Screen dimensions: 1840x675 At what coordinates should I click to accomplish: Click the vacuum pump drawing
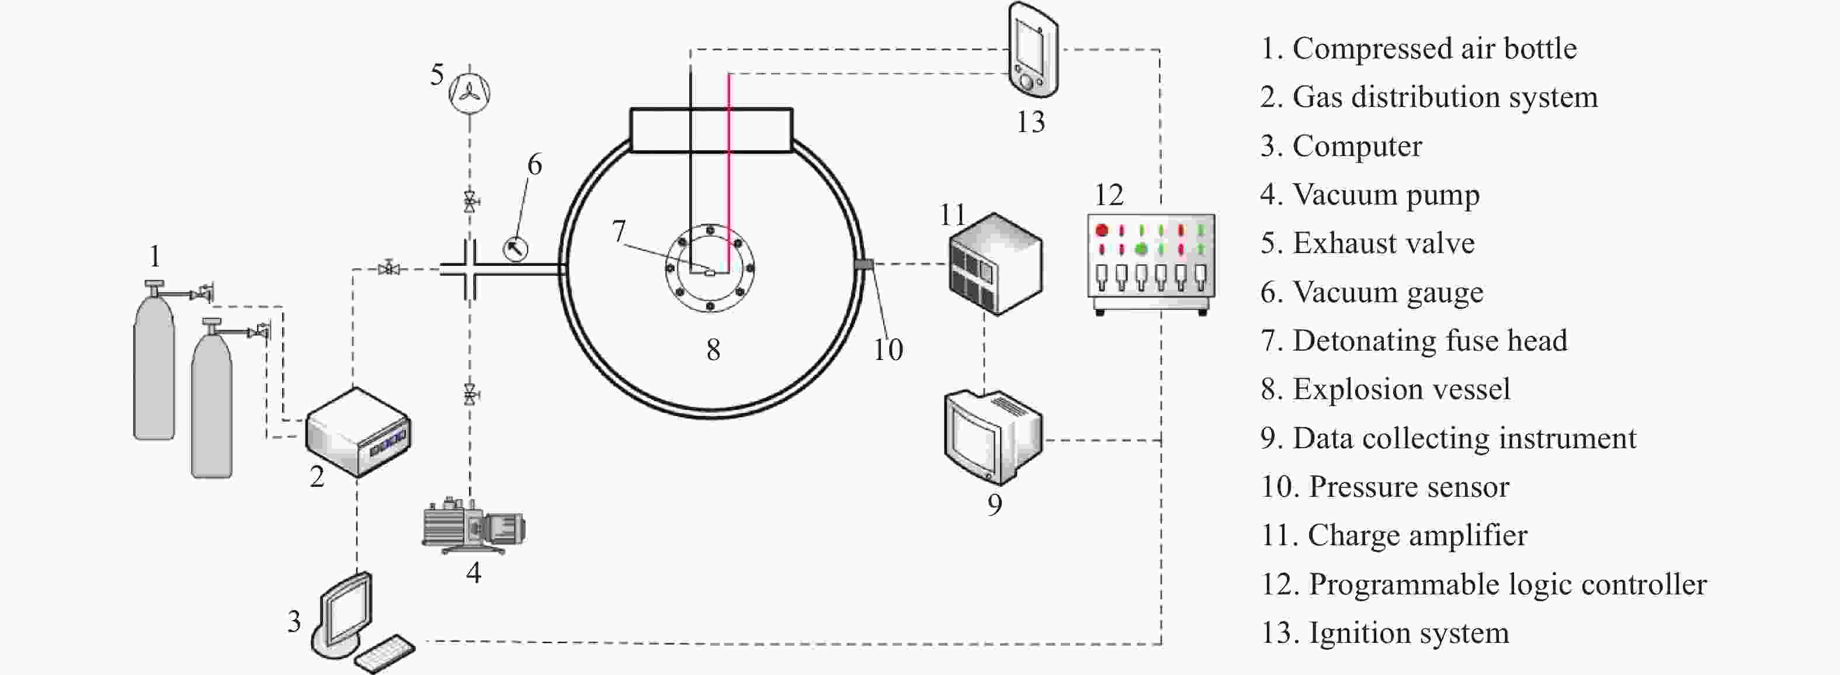(474, 526)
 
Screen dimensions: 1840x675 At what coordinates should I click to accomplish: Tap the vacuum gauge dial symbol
(516, 248)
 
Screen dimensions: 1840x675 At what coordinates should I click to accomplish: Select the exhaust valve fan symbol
(469, 93)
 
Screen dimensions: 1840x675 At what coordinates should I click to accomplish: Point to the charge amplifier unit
(995, 264)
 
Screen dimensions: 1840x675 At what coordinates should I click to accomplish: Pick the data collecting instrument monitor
(994, 437)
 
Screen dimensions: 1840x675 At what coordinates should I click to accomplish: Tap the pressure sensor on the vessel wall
(863, 264)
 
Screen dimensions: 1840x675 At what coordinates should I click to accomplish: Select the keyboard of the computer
(384, 653)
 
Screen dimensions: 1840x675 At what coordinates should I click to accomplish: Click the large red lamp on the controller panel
(1102, 230)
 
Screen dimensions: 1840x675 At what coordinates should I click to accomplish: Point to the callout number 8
(713, 349)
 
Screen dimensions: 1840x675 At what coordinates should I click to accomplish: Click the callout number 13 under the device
(1031, 122)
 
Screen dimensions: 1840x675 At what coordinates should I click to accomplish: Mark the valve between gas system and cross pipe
(388, 269)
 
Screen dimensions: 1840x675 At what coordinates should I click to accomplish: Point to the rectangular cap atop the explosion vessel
(711, 130)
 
